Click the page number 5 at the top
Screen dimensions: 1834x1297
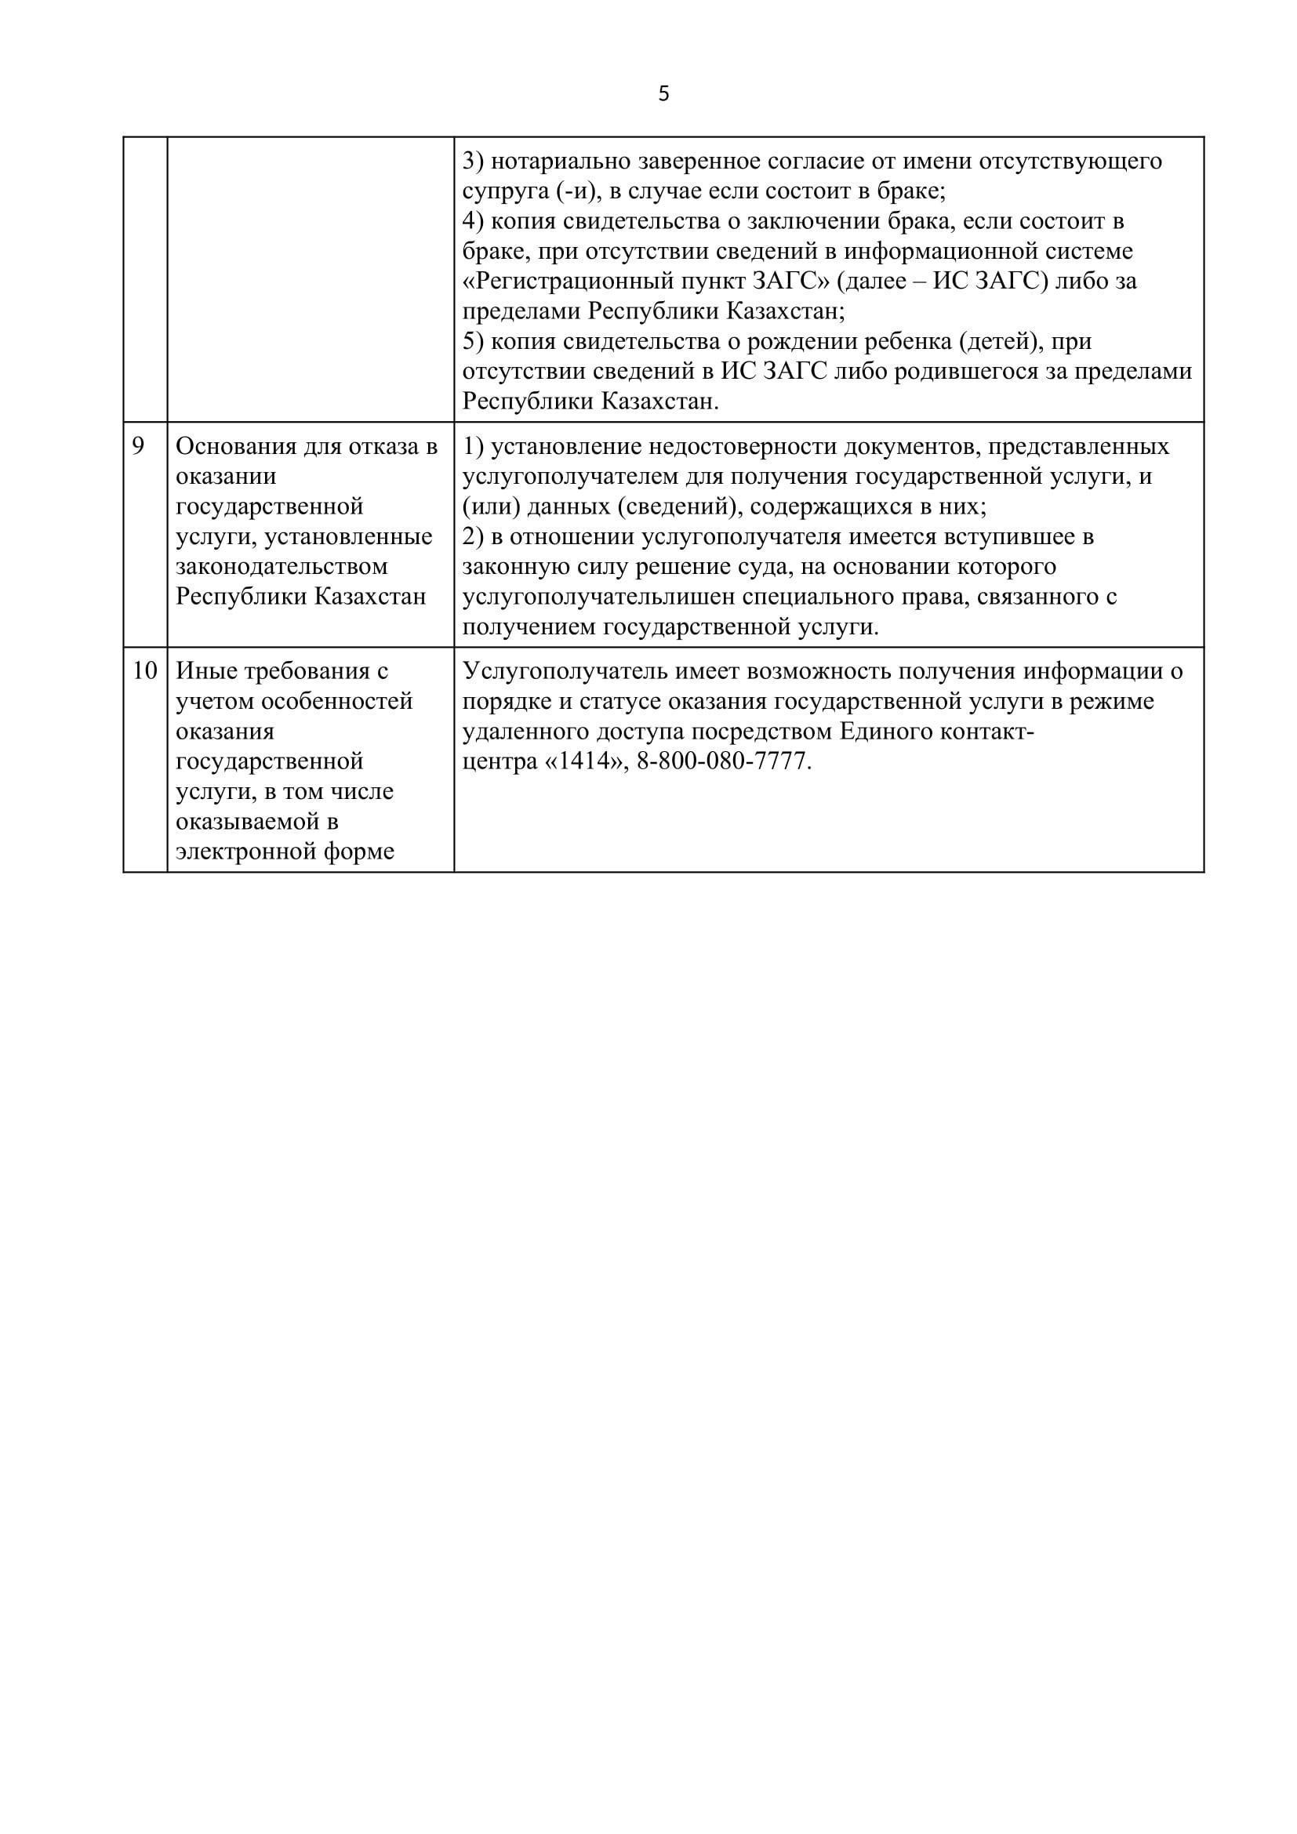click(663, 94)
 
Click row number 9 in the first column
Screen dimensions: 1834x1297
click(138, 445)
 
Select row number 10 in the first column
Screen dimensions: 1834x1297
click(144, 671)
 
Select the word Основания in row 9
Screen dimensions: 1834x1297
click(234, 445)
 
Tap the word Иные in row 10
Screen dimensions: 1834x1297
click(204, 671)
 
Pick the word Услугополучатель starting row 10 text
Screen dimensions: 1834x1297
click(565, 671)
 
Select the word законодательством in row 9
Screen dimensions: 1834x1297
click(282, 566)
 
